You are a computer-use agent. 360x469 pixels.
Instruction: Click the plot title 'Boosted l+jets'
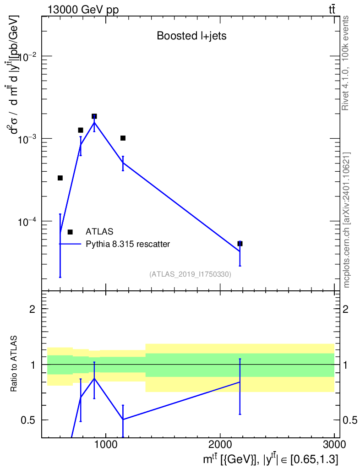point(191,36)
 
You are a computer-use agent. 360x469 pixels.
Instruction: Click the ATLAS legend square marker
point(70,232)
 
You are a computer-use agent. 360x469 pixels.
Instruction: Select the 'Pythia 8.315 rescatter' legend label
point(128,244)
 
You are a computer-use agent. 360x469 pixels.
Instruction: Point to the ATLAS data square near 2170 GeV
point(240,244)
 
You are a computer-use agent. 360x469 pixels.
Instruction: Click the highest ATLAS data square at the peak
point(94,116)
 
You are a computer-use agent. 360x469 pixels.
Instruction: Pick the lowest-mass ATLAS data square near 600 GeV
point(60,178)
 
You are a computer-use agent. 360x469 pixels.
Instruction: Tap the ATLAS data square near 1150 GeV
point(123,138)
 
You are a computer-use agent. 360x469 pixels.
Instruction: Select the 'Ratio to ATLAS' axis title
point(14,364)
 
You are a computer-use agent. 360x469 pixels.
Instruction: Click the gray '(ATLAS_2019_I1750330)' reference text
point(190,274)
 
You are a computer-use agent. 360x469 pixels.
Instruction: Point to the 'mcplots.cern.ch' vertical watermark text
point(347,220)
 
